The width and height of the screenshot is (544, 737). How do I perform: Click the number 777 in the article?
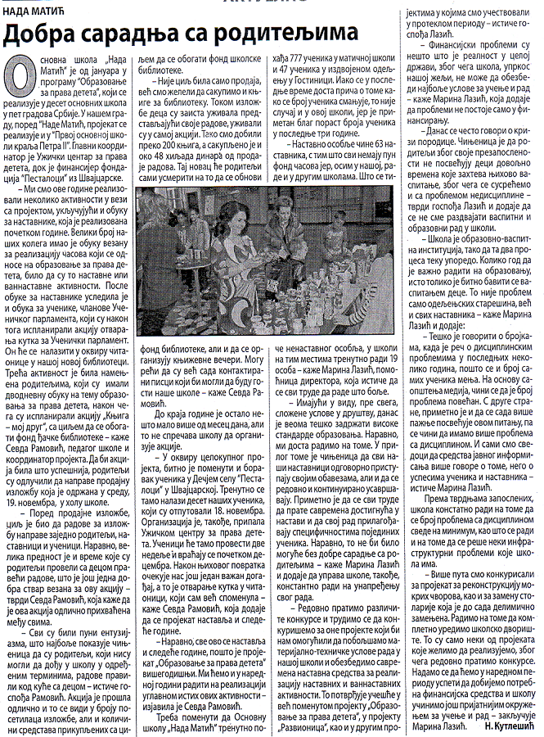tap(302, 61)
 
